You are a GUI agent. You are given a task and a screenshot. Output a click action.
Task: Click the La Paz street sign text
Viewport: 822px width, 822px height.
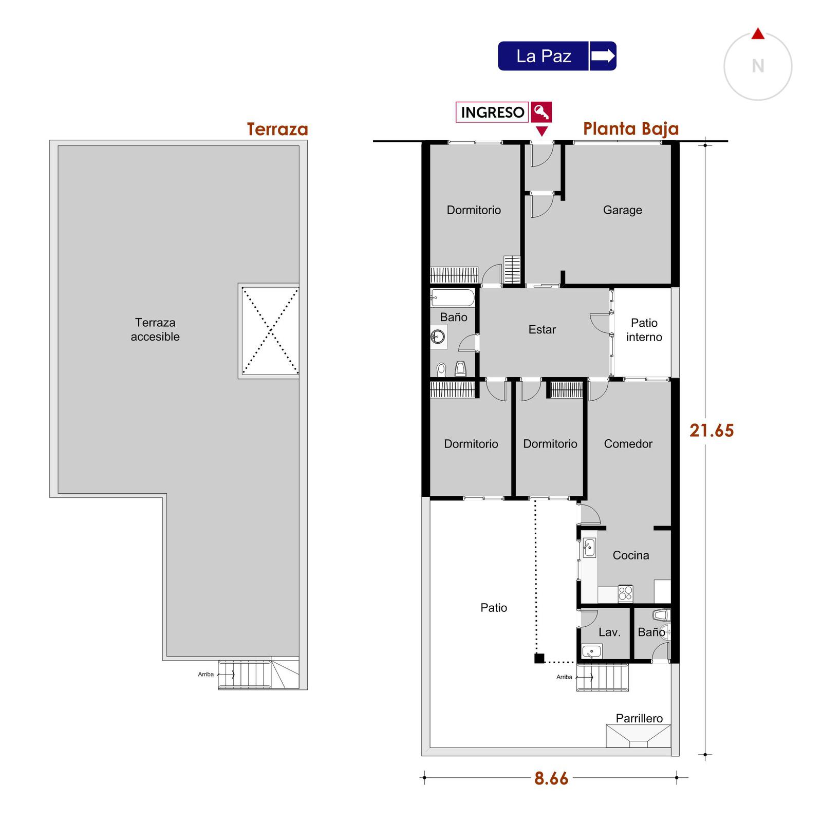coord(544,56)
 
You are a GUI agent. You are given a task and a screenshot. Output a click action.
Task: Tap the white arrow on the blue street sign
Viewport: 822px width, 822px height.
coord(603,55)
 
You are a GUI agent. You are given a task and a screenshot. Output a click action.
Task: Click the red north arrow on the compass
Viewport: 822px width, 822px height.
coord(758,34)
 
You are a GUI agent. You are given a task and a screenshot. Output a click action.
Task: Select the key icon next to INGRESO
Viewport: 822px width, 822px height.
coord(541,111)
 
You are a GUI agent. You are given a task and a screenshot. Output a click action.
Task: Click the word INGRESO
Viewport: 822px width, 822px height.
coord(492,112)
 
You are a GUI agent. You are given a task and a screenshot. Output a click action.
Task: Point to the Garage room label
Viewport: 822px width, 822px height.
coord(622,210)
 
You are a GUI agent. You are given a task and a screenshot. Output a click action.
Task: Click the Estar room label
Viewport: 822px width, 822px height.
coord(542,329)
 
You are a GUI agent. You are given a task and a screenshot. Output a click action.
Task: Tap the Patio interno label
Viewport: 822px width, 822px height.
coord(644,330)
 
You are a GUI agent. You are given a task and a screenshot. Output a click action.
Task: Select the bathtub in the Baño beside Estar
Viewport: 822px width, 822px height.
coord(453,297)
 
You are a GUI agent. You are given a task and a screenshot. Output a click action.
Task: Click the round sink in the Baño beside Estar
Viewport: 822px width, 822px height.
coord(438,337)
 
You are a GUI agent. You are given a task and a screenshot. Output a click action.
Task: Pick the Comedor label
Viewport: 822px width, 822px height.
coord(628,444)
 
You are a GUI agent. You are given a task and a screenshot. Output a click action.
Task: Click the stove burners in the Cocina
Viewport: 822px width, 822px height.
coord(625,593)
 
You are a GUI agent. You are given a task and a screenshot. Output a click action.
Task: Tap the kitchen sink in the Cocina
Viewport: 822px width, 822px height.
coord(589,548)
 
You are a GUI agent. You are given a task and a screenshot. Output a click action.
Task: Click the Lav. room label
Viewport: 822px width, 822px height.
coord(609,632)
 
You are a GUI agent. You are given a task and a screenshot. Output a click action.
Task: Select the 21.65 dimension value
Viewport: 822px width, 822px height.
coord(712,431)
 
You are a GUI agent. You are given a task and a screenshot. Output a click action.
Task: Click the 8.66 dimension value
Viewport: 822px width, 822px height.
coord(551,778)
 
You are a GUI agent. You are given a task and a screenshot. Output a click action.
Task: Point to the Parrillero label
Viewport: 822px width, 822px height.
coord(639,718)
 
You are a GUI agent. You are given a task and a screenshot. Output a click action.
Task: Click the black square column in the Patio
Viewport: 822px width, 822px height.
coord(539,658)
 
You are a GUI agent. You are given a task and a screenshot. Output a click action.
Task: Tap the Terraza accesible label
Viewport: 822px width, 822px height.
coord(155,330)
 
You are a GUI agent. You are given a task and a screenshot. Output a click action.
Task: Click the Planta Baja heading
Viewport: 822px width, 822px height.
coord(631,128)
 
